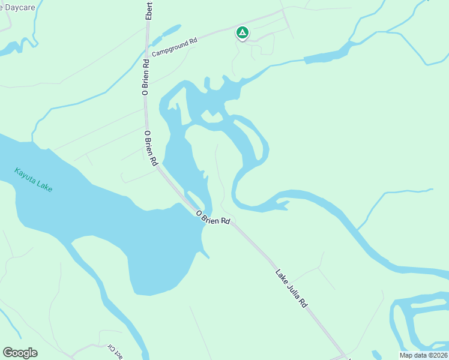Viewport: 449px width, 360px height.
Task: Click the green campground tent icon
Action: tap(242, 32)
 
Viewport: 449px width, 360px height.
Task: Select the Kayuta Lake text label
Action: tap(34, 179)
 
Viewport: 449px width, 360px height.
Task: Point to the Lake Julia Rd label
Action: tap(292, 289)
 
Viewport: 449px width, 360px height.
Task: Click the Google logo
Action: tap(20, 352)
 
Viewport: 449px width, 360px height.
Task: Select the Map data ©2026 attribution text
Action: tap(423, 355)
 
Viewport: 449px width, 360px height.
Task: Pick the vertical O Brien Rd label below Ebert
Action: tap(145, 76)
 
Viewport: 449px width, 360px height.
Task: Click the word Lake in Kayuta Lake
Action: tap(44, 185)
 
